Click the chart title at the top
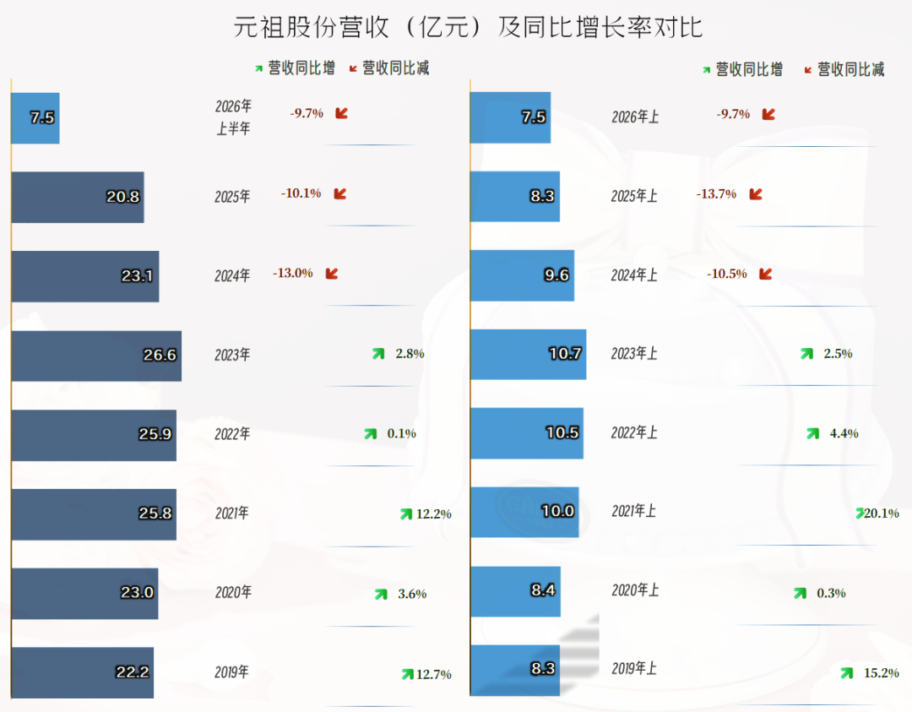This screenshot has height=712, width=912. coord(468,27)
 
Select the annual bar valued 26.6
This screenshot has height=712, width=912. coord(96,356)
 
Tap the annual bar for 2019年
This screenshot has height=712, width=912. coord(83,672)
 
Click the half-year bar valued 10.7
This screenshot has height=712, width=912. coord(528,354)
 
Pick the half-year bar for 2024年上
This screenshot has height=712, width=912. coord(523,275)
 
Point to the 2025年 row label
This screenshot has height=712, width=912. coord(232,197)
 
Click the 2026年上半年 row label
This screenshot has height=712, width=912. coord(233,117)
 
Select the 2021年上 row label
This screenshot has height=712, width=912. coord(634,511)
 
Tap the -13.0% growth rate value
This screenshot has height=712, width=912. coord(292,273)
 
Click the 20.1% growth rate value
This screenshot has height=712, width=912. coord(882,513)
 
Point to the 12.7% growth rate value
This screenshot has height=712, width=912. coord(434,674)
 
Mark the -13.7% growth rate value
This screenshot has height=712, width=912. coord(717,193)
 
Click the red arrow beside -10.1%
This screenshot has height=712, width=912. coord(340,193)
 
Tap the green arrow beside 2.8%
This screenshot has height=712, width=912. coord(378,354)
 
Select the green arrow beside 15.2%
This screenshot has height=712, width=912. coord(847,673)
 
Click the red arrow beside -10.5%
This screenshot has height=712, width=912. coord(766,274)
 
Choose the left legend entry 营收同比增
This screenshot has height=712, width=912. coord(295,68)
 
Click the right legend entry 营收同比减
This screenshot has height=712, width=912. coord(844,70)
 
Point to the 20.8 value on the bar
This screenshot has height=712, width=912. coord(122,197)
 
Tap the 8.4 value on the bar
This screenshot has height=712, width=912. coord(543,590)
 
